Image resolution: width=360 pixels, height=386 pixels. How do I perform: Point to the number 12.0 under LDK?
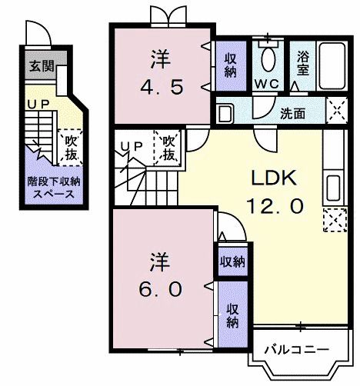pos(275,205)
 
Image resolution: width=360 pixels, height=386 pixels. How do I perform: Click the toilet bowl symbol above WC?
pos(268,58)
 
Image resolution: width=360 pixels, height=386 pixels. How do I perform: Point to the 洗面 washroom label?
pos(292,114)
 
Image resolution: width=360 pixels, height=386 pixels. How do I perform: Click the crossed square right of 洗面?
pos(336,111)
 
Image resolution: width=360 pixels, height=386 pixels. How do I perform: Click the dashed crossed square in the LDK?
pos(334,221)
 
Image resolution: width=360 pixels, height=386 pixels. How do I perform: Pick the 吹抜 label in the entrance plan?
pos(71,147)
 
